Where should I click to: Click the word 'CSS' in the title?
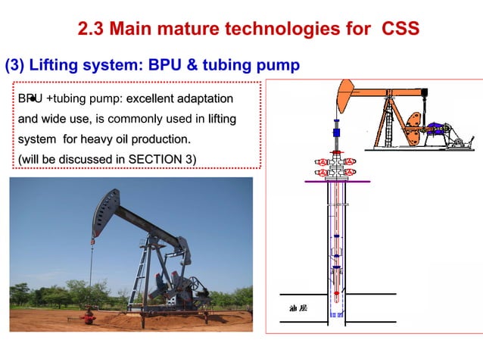[397, 30]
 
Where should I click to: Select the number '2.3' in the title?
[93, 30]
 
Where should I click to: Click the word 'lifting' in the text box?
[218, 119]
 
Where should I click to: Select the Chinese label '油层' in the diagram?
[298, 308]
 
